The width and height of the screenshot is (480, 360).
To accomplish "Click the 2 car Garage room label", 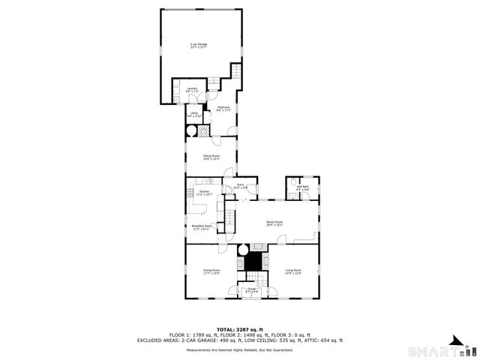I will [x=199, y=46].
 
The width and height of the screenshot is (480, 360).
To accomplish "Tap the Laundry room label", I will [x=192, y=90].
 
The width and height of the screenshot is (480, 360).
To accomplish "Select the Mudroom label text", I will [x=223, y=109].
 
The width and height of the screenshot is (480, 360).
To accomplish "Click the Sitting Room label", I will [x=211, y=157].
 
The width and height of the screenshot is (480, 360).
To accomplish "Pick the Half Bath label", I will [x=303, y=187].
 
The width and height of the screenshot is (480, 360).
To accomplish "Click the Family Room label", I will [x=274, y=223].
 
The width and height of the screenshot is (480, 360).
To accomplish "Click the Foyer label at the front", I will [x=252, y=289].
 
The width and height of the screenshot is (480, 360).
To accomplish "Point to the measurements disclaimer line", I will [x=239, y=349].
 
